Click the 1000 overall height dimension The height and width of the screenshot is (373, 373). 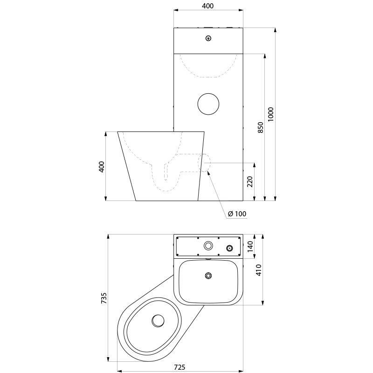coord(271,114)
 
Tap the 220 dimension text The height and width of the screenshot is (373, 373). coord(250,181)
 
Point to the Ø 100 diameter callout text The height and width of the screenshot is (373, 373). coord(237,214)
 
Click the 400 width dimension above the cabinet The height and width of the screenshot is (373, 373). coord(208,6)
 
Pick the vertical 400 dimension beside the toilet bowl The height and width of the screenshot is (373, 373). coord(102,166)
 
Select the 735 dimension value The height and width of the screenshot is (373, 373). coord(104,298)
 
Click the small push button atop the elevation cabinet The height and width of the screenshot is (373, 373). coord(208,39)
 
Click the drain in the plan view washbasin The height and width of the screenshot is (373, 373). coord(208,276)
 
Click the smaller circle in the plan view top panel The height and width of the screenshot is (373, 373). coord(229,248)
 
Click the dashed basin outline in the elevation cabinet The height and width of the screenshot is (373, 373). coord(208,70)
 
